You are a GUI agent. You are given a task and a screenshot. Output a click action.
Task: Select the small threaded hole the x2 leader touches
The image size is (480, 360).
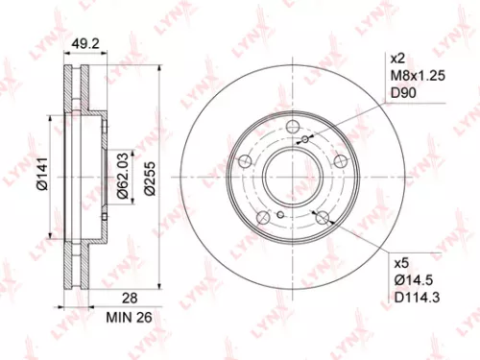[x=306, y=142]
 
